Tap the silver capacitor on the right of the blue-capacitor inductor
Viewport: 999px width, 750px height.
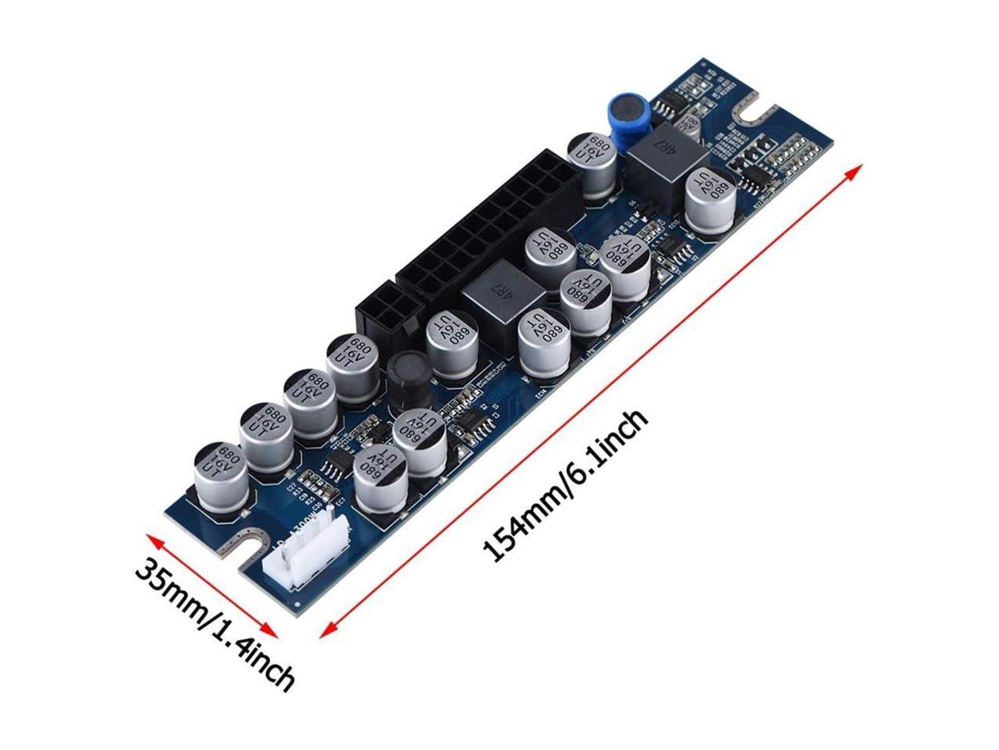click(709, 201)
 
